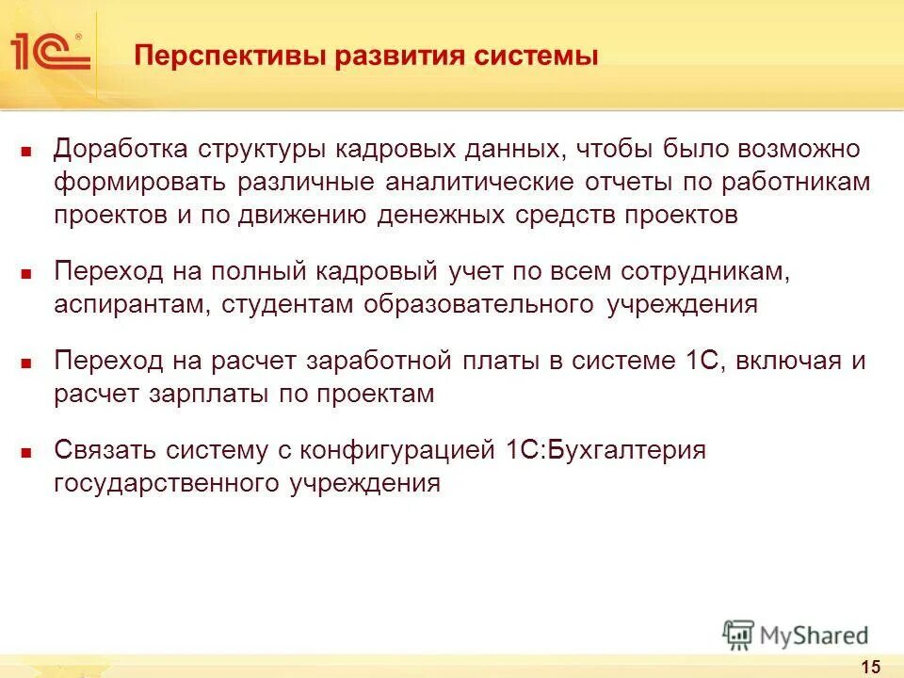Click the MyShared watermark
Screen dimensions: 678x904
796,635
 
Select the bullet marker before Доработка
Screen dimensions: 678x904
27,151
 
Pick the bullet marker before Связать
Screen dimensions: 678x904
27,452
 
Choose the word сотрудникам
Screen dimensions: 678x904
702,271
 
